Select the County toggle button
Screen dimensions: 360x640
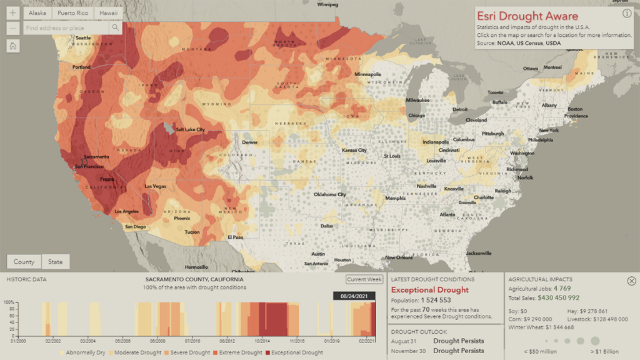pos(24,262)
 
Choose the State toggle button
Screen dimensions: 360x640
pos(56,262)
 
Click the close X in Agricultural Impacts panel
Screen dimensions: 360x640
pos(631,281)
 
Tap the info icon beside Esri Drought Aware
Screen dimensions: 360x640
pos(627,14)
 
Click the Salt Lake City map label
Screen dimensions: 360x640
pos(190,129)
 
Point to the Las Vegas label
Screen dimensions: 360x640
pos(156,186)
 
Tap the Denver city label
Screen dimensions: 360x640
pos(249,142)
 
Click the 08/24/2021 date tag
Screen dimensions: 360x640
pos(354,296)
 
